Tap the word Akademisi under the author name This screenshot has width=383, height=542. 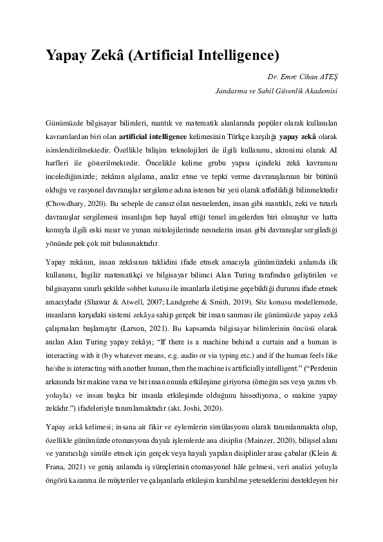[x=321, y=91]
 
